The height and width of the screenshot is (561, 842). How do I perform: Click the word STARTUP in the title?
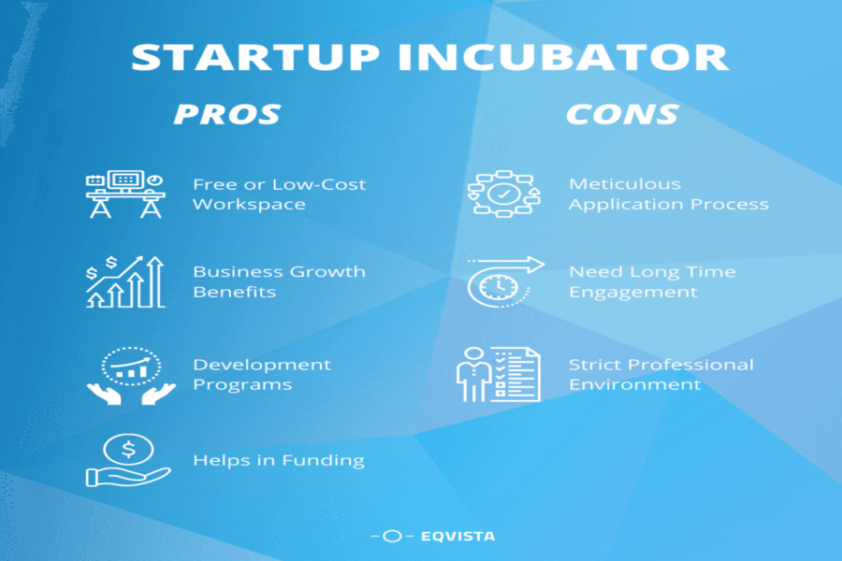click(x=255, y=57)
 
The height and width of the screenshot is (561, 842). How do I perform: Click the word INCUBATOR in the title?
click(x=563, y=57)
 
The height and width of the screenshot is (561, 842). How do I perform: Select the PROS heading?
click(x=226, y=114)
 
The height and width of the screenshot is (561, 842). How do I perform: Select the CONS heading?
click(x=622, y=114)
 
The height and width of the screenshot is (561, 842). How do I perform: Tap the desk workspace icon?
click(x=125, y=194)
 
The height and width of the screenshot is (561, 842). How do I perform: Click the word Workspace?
click(x=249, y=205)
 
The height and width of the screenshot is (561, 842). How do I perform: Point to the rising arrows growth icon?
click(x=125, y=281)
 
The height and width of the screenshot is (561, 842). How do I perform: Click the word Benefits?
click(x=234, y=292)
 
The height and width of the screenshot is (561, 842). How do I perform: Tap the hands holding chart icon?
click(x=131, y=376)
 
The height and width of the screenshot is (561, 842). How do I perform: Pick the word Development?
click(x=262, y=365)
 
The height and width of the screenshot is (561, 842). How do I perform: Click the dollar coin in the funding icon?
click(x=128, y=449)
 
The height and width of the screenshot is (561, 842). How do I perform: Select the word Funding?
click(x=324, y=461)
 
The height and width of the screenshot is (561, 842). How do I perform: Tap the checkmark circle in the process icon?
click(x=503, y=194)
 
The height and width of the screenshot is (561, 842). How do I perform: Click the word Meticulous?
click(x=625, y=184)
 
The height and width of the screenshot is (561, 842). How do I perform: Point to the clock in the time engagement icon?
click(x=499, y=287)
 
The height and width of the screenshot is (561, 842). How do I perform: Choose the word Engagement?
click(x=633, y=292)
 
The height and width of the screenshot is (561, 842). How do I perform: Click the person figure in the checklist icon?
click(x=473, y=375)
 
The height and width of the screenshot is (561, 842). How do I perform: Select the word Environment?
click(x=634, y=385)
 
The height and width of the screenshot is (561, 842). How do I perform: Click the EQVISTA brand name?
click(x=458, y=537)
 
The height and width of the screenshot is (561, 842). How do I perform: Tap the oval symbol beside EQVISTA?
click(x=392, y=537)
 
